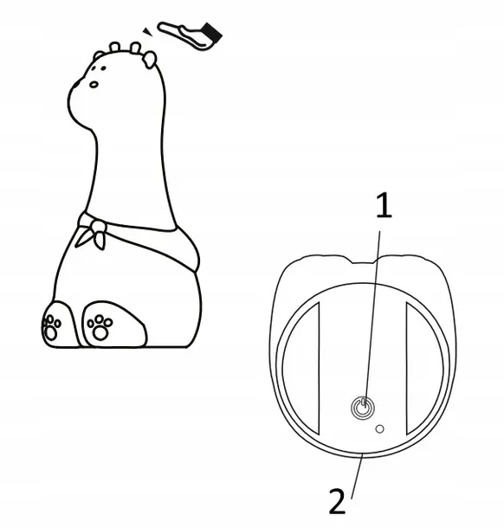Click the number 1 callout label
[384, 205]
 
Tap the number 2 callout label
[337, 501]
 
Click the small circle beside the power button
[379, 429]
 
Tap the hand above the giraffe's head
[189, 35]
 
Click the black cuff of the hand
[212, 33]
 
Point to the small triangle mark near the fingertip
[147, 32]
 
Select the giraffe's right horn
[135, 48]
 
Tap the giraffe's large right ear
[150, 60]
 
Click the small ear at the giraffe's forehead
[98, 55]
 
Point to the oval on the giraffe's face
[94, 84]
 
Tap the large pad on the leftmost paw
[51, 333]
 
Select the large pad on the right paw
[100, 332]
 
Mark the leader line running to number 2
[357, 475]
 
